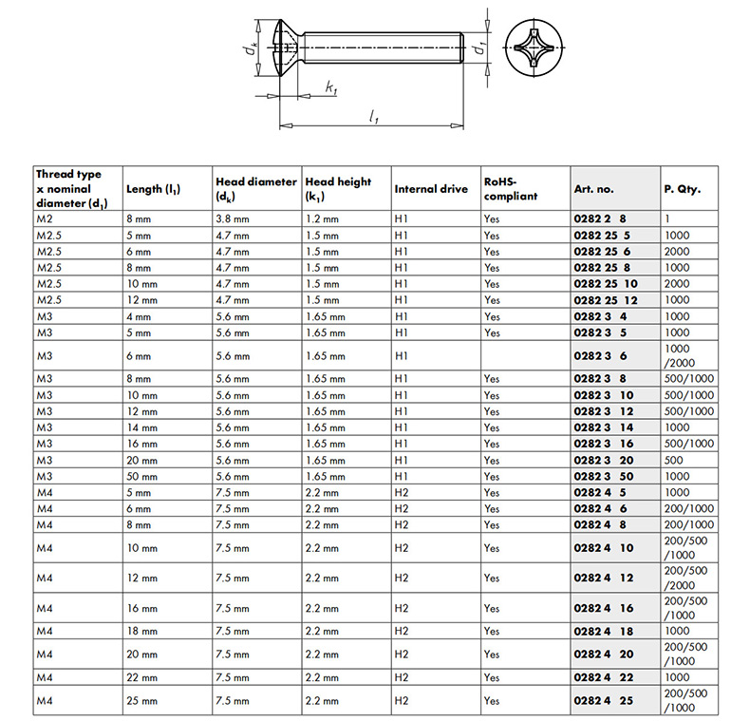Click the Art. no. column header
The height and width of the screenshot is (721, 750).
594,189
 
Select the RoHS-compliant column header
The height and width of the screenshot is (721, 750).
511,188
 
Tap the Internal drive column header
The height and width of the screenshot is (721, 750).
430,189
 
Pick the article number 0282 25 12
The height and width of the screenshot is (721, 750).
608,299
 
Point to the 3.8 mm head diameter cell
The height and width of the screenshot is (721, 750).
233,218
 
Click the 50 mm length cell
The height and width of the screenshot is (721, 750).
143,476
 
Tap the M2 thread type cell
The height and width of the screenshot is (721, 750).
46,218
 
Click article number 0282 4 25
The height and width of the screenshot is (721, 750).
604,700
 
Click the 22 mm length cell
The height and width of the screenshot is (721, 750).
143,677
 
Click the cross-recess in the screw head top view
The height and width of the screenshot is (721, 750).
530,45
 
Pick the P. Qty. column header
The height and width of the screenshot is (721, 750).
682,189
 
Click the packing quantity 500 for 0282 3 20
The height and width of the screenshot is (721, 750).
675,460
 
